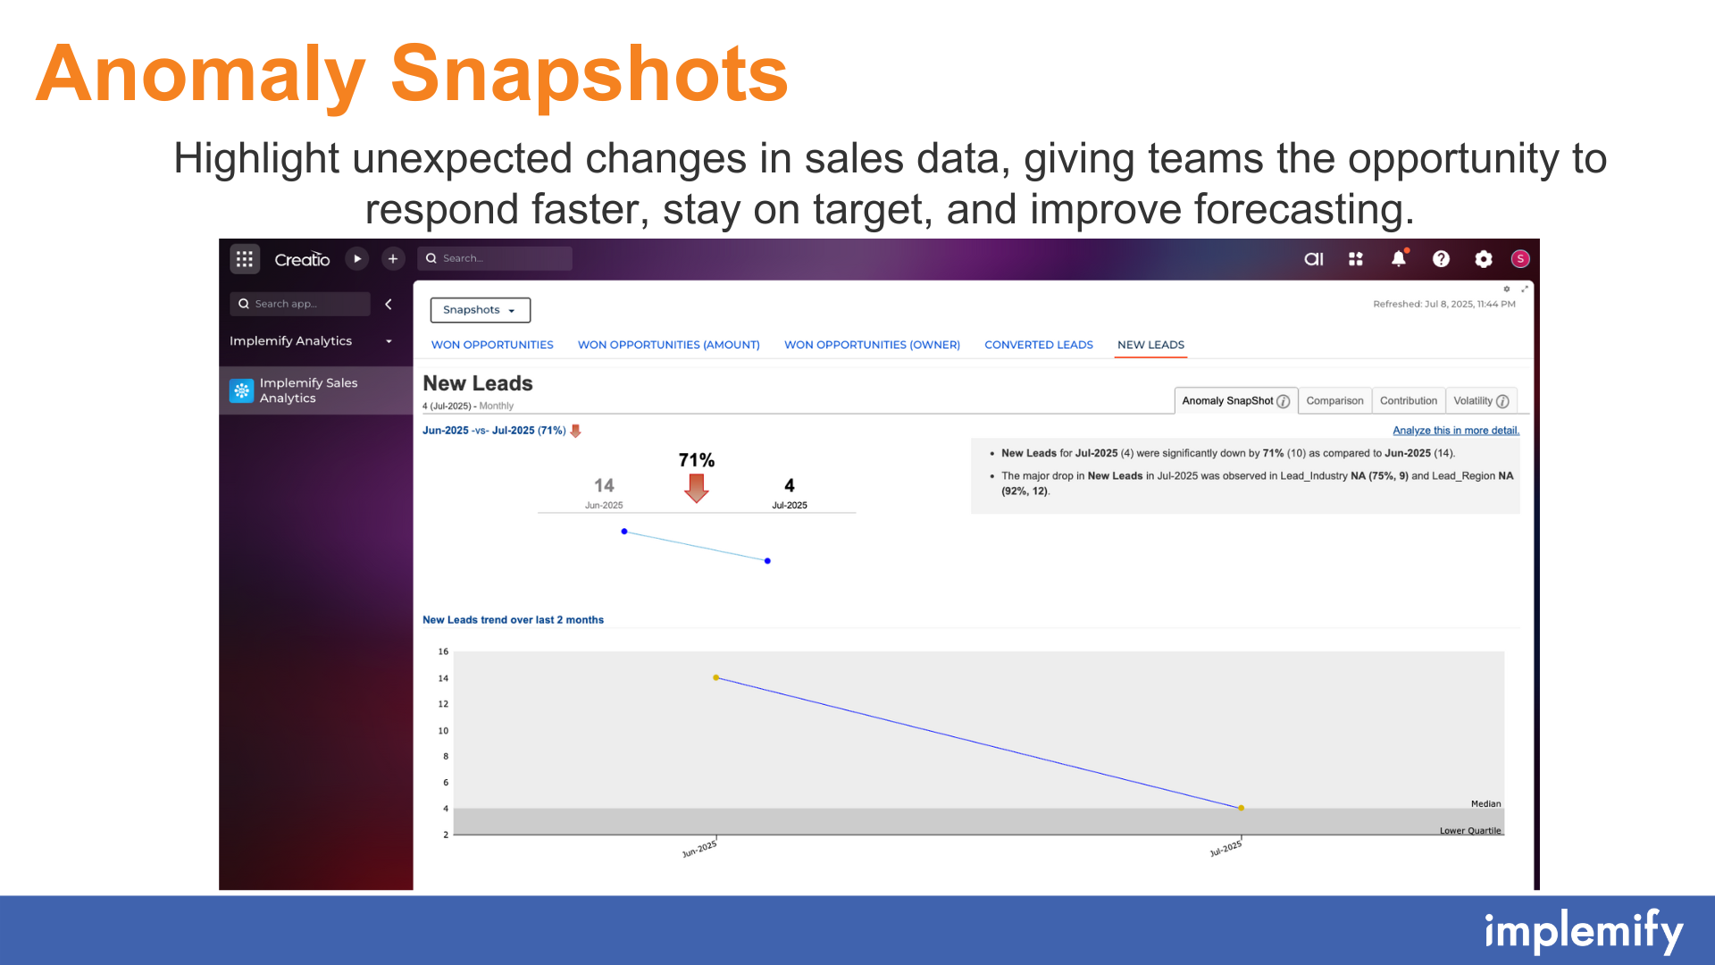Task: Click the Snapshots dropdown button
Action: pyautogui.click(x=481, y=310)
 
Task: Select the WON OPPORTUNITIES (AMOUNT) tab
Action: pyautogui.click(x=668, y=345)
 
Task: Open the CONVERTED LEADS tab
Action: pyautogui.click(x=1038, y=345)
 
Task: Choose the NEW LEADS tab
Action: pyautogui.click(x=1150, y=345)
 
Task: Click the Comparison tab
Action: pyautogui.click(x=1334, y=401)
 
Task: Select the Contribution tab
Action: pyautogui.click(x=1408, y=401)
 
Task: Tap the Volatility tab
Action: pyautogui.click(x=1481, y=401)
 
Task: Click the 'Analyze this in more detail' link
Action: pyautogui.click(x=1456, y=431)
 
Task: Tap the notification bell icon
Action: pyautogui.click(x=1399, y=258)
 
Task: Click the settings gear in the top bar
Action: pyautogui.click(x=1484, y=259)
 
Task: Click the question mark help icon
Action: pyautogui.click(x=1441, y=259)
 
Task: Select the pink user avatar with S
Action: pyautogui.click(x=1520, y=259)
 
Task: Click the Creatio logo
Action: pyautogui.click(x=302, y=259)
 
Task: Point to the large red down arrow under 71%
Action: pyautogui.click(x=697, y=488)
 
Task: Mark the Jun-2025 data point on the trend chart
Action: pyautogui.click(x=716, y=678)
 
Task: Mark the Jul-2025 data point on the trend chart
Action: pyautogui.click(x=1241, y=808)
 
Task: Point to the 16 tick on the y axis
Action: pyautogui.click(x=443, y=651)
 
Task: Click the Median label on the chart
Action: pyautogui.click(x=1485, y=804)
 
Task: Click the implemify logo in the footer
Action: pyautogui.click(x=1584, y=932)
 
